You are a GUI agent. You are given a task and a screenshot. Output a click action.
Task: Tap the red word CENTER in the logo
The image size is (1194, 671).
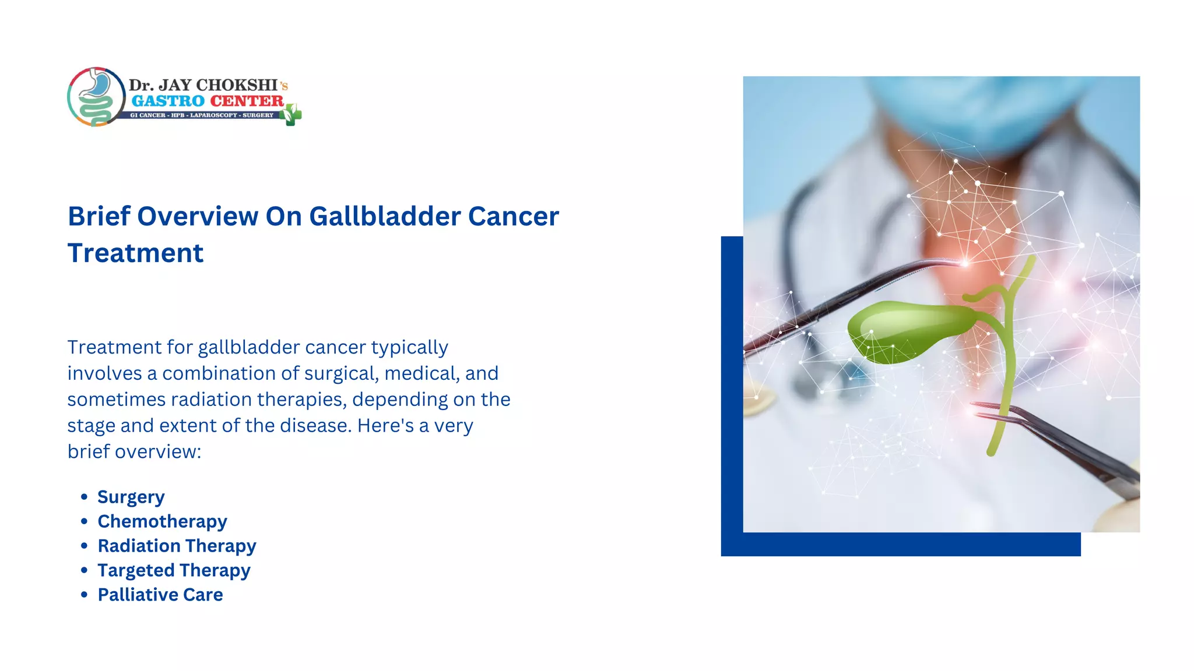point(247,101)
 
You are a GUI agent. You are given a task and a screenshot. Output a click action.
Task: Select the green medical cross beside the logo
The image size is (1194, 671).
point(291,115)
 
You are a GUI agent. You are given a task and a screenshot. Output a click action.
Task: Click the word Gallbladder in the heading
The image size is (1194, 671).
point(385,217)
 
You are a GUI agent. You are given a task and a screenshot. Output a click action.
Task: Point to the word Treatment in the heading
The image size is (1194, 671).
point(135,253)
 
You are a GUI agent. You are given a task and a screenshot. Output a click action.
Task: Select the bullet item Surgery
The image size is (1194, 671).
point(131,497)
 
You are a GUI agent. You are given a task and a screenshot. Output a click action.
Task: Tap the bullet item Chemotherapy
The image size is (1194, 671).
point(162,521)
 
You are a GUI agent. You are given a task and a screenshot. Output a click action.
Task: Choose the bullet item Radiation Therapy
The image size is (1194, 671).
point(177,546)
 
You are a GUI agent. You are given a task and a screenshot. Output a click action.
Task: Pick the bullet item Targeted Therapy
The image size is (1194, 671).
point(174,570)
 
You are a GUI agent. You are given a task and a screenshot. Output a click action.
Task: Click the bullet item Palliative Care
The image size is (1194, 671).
point(160,595)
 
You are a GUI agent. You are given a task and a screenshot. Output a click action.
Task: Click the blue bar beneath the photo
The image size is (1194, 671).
point(901,545)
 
